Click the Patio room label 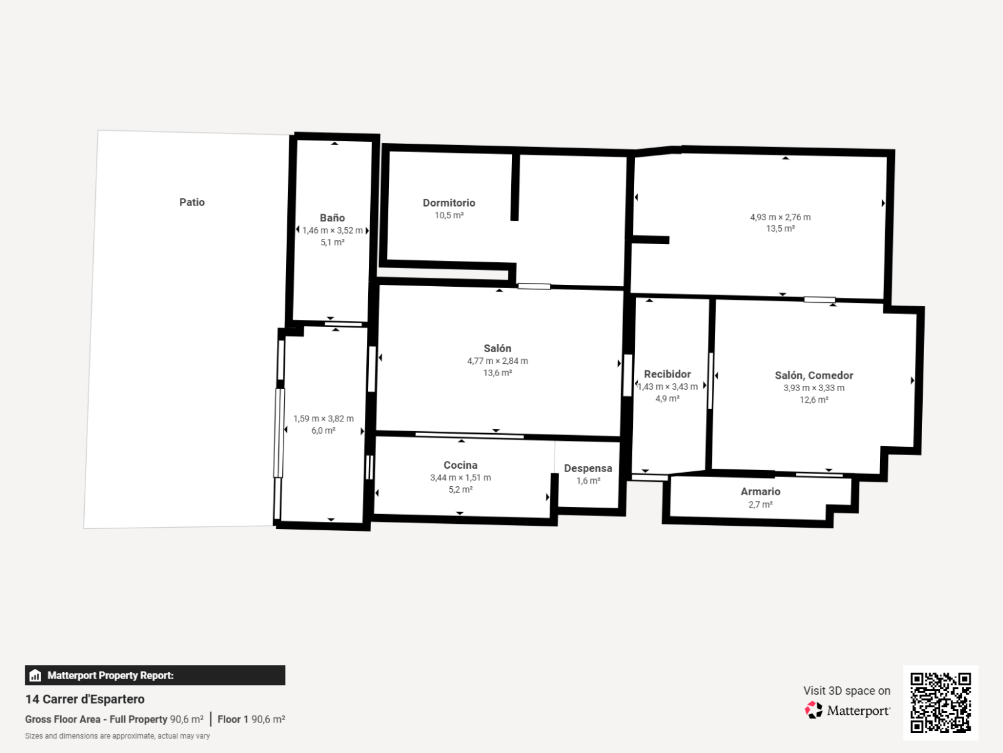[x=192, y=202]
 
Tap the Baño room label [x=332, y=218]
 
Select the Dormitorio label [x=448, y=203]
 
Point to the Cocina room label [x=460, y=465]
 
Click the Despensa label [x=588, y=468]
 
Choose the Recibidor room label [x=667, y=374]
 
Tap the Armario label [x=760, y=491]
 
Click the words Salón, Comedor [x=814, y=376]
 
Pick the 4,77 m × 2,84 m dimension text [x=497, y=361]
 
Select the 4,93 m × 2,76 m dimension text [x=780, y=217]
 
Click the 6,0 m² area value [x=324, y=431]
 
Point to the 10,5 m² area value [x=448, y=216]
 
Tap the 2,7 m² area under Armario [x=760, y=504]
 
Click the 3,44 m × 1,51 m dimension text [x=460, y=478]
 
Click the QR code [x=940, y=702]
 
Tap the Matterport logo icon [x=813, y=710]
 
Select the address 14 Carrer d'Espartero [x=85, y=699]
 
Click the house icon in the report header [x=35, y=675]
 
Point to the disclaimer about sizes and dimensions [x=117, y=736]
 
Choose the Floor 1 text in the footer [x=232, y=719]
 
